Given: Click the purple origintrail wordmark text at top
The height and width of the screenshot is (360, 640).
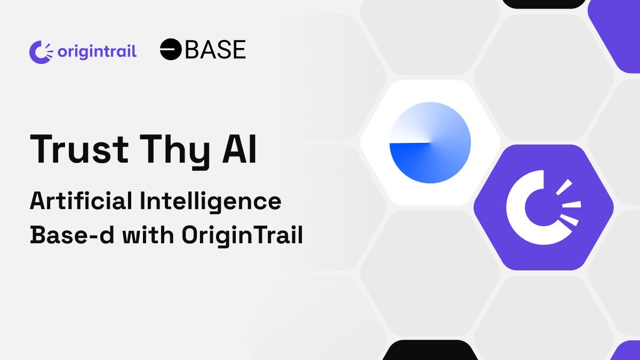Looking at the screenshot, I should tap(97, 52).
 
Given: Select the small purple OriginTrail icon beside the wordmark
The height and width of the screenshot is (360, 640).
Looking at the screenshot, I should tap(41, 52).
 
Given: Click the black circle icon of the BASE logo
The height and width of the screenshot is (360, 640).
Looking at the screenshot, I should tap(171, 49).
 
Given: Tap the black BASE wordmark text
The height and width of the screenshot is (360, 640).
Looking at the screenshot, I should tap(215, 50).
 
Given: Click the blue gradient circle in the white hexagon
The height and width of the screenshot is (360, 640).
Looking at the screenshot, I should tap(430, 143).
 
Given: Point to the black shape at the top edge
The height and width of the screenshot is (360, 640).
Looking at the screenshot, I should tap(544, 3).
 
